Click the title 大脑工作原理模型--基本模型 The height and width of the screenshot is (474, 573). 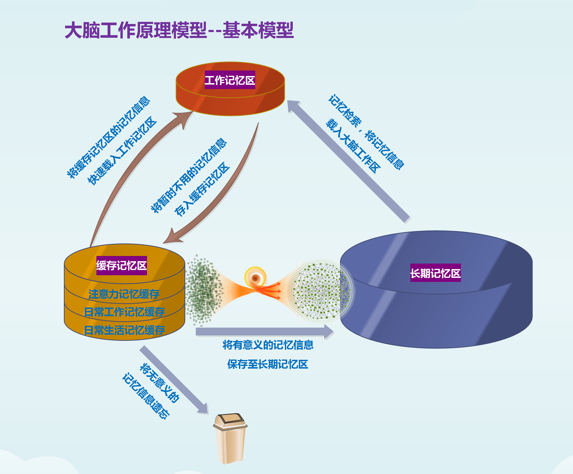[x=179, y=30]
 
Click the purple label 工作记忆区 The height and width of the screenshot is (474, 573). [x=230, y=80]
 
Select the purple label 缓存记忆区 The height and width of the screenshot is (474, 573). [x=121, y=265]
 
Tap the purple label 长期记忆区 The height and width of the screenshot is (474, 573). [x=436, y=273]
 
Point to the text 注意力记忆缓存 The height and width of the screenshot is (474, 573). [x=124, y=294]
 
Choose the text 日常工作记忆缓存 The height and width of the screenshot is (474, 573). [x=124, y=312]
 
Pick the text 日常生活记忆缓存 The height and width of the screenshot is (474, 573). [x=124, y=330]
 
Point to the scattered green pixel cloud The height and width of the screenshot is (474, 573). [x=204, y=290]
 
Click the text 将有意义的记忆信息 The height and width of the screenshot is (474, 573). [x=268, y=345]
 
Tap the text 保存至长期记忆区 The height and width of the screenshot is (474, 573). [x=268, y=364]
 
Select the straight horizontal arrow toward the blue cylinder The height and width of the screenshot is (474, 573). [x=265, y=332]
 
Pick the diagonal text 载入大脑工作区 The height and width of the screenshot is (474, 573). [x=353, y=146]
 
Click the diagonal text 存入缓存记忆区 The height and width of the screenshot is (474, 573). [x=202, y=189]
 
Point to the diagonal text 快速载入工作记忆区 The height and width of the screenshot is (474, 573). [x=122, y=151]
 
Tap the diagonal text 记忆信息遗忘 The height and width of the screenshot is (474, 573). [x=146, y=396]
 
